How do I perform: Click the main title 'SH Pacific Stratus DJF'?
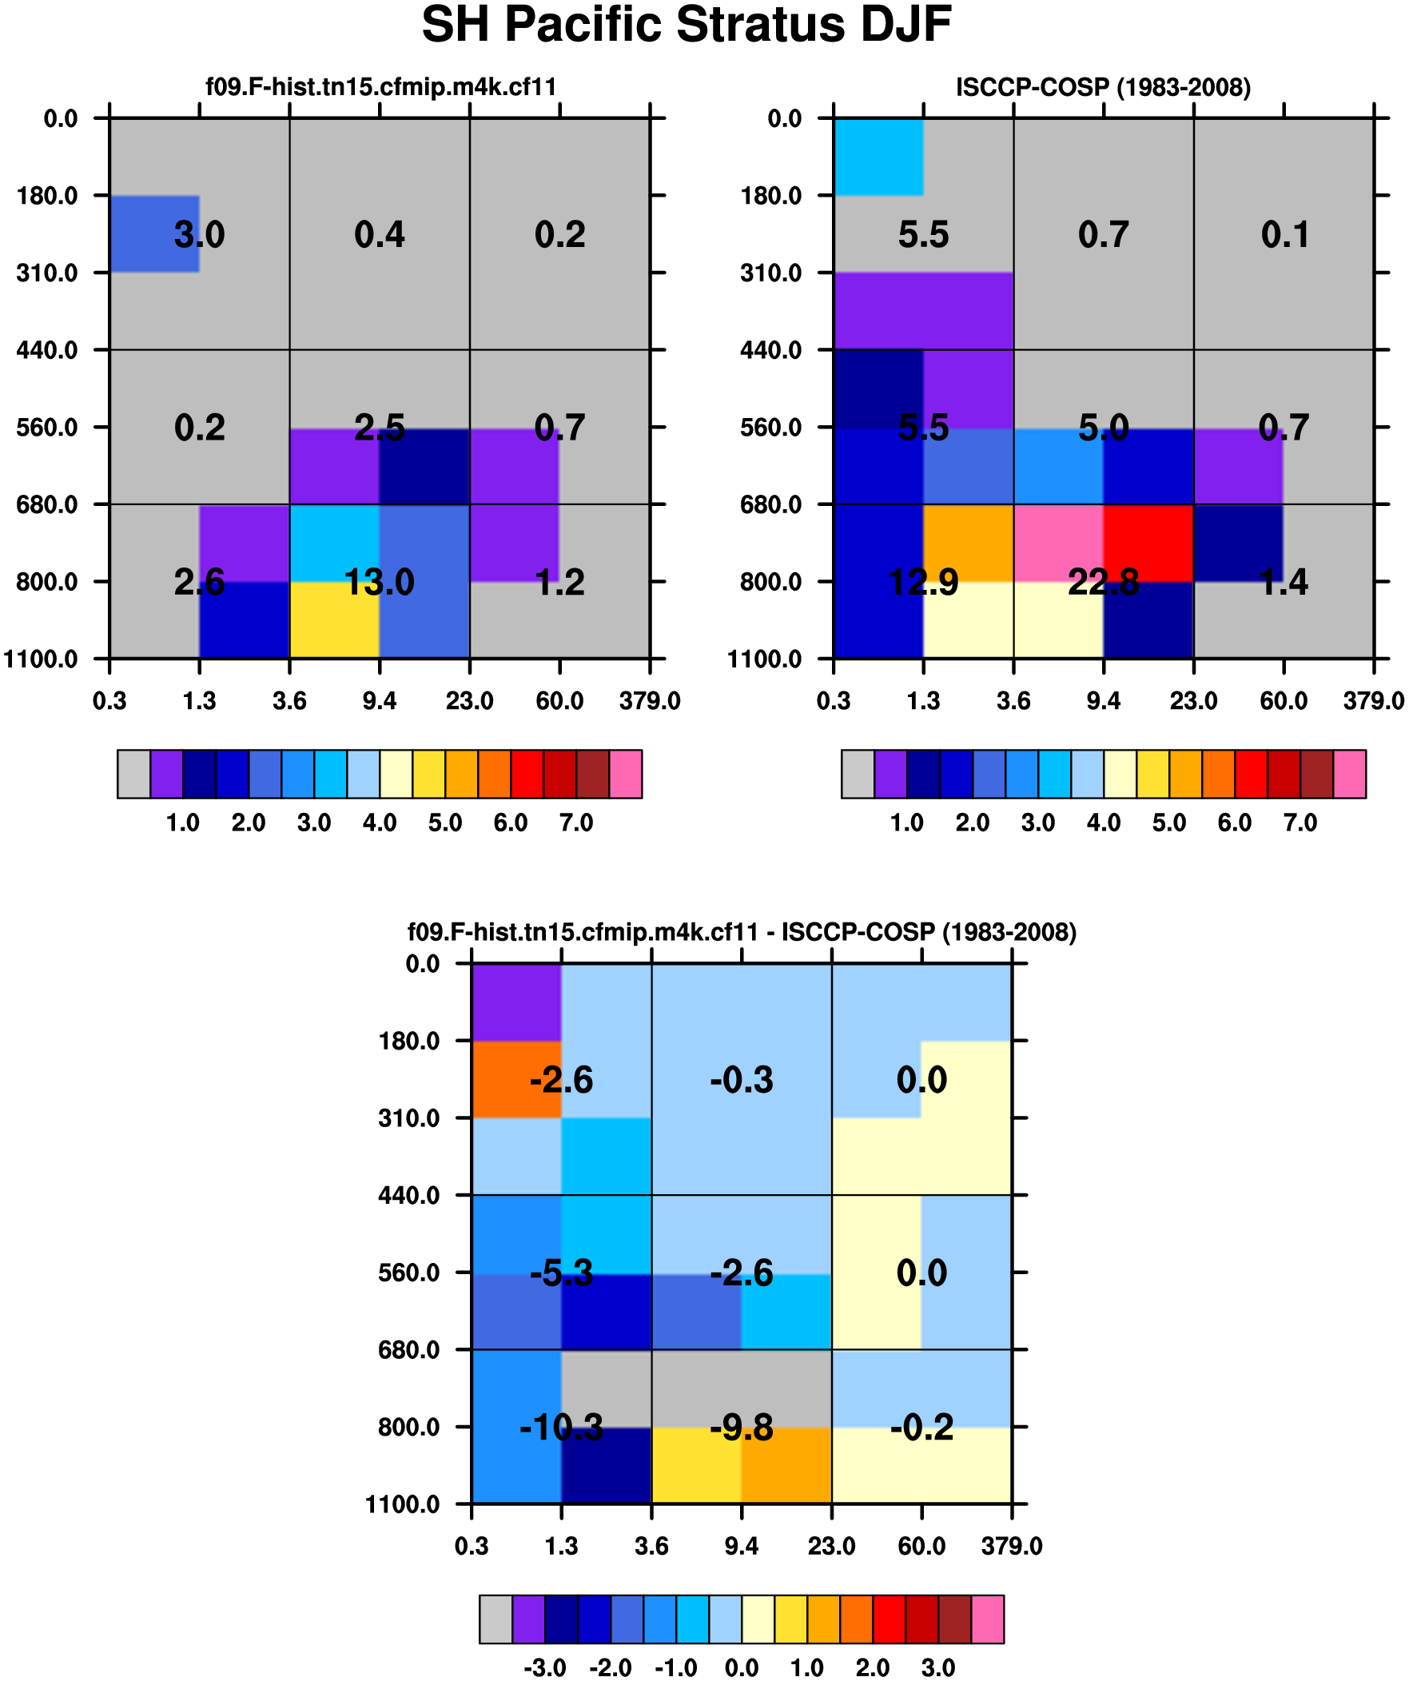click(x=686, y=25)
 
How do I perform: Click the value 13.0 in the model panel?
click(x=380, y=582)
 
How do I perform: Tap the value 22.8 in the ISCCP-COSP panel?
click(x=1103, y=582)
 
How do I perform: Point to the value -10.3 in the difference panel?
click(x=561, y=1428)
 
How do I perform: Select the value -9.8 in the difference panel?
click(x=742, y=1428)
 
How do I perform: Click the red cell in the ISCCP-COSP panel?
click(x=1148, y=543)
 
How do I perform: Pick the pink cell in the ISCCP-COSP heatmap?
click(x=1058, y=543)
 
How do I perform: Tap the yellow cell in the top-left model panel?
click(x=334, y=620)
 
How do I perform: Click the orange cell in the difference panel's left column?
click(x=516, y=1079)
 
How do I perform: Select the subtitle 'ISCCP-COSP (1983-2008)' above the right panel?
click(x=1103, y=87)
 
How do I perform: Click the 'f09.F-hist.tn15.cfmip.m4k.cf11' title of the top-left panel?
click(x=381, y=87)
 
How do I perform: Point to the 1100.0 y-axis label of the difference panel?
click(x=403, y=1505)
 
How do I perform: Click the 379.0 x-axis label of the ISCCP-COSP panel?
click(x=1374, y=701)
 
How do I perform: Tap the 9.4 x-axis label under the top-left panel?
click(x=380, y=701)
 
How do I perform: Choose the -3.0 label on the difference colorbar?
click(x=545, y=1668)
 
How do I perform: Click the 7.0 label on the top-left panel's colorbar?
click(x=576, y=823)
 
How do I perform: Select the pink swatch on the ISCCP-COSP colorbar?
click(x=1350, y=774)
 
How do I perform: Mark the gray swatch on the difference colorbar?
click(x=496, y=1619)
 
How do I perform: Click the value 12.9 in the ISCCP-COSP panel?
click(x=923, y=582)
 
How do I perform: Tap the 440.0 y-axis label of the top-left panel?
click(x=47, y=350)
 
